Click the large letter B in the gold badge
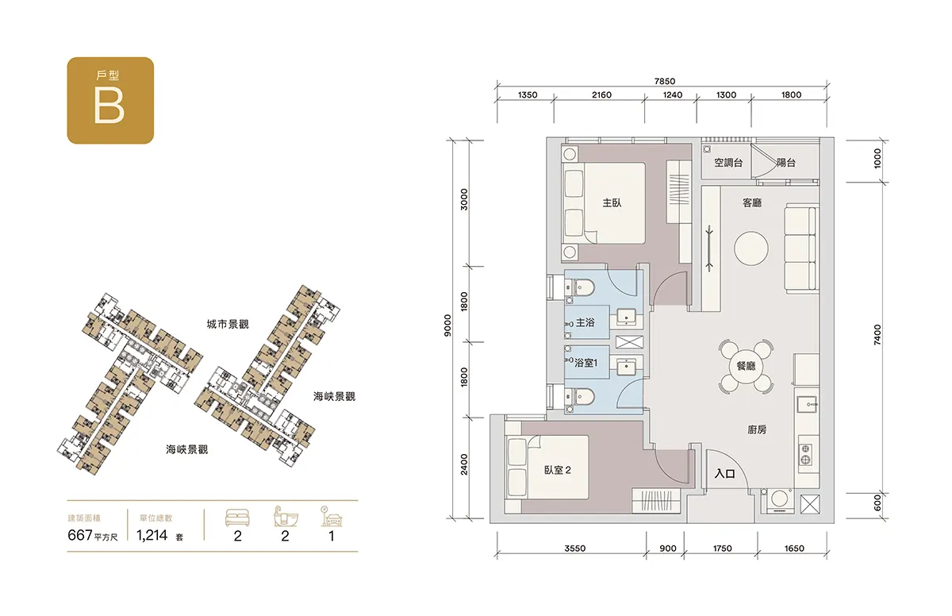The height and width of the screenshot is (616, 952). [x=109, y=106]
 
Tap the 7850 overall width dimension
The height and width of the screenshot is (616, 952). [x=665, y=81]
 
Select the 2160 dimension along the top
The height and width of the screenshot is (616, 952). [x=601, y=94]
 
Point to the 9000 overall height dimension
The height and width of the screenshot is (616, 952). [x=447, y=325]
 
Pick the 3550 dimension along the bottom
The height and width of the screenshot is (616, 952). [x=575, y=549]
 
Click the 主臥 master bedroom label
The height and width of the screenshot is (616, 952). [x=612, y=202]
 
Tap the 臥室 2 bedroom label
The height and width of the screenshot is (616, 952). [x=557, y=470]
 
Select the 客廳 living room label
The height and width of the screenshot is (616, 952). [x=752, y=202]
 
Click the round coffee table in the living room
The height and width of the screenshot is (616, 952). [x=751, y=248]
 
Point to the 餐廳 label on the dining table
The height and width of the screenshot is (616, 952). [x=746, y=366]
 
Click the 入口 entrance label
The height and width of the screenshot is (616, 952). [x=724, y=474]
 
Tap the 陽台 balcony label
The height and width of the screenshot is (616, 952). [x=786, y=163]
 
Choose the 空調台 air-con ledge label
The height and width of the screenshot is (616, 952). [x=728, y=163]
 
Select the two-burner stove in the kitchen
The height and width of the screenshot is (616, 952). [x=805, y=454]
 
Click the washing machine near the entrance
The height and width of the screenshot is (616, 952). [x=779, y=501]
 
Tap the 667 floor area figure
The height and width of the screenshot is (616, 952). [x=80, y=535]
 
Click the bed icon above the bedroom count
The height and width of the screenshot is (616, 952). [x=237, y=518]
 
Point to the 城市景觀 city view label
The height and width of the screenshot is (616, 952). [x=228, y=325]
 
